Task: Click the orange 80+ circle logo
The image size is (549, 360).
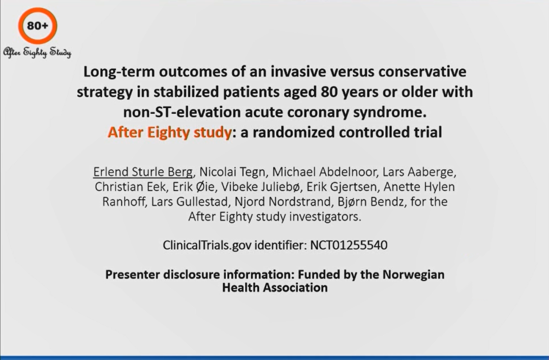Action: click(x=38, y=11)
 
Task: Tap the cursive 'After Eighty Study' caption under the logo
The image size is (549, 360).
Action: click(x=37, y=52)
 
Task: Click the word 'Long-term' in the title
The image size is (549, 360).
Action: click(x=119, y=72)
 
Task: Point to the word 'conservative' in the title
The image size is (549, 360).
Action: click(x=422, y=71)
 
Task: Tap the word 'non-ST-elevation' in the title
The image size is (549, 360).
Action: click(x=182, y=112)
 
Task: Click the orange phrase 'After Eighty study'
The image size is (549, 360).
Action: click(x=169, y=132)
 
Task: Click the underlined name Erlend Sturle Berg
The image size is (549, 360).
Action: click(x=143, y=172)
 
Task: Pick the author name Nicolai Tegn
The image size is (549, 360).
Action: click(x=232, y=172)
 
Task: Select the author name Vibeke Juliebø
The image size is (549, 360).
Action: click(x=260, y=187)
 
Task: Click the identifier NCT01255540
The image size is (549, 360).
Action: click(x=349, y=245)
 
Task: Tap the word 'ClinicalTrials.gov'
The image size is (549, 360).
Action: click(x=207, y=245)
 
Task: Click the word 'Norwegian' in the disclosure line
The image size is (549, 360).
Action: click(x=413, y=275)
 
